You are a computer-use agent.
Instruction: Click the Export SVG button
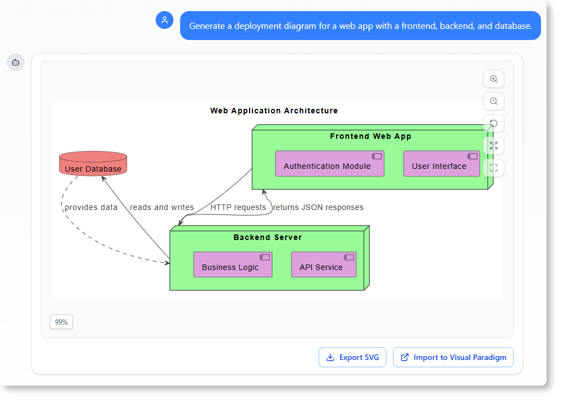[x=352, y=357]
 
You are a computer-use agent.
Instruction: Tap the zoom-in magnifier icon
[x=493, y=79]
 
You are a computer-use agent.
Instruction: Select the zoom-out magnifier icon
[x=493, y=101]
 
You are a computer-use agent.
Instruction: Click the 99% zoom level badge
[x=61, y=322]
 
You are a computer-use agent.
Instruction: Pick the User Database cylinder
[x=93, y=164]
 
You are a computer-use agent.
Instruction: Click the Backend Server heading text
[x=267, y=237]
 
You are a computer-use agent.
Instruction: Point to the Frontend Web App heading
[x=370, y=136]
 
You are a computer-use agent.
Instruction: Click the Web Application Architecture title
[x=274, y=111]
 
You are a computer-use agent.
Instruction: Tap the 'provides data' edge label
[x=91, y=207]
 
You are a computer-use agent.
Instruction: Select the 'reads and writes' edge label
[x=162, y=207]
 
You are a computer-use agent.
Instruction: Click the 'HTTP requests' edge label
[x=238, y=207]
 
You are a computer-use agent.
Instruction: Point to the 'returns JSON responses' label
[x=318, y=207]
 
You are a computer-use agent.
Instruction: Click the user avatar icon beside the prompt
[x=165, y=21]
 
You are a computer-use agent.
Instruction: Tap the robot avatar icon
[x=16, y=62]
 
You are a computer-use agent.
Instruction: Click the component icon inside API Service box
[x=349, y=257]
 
